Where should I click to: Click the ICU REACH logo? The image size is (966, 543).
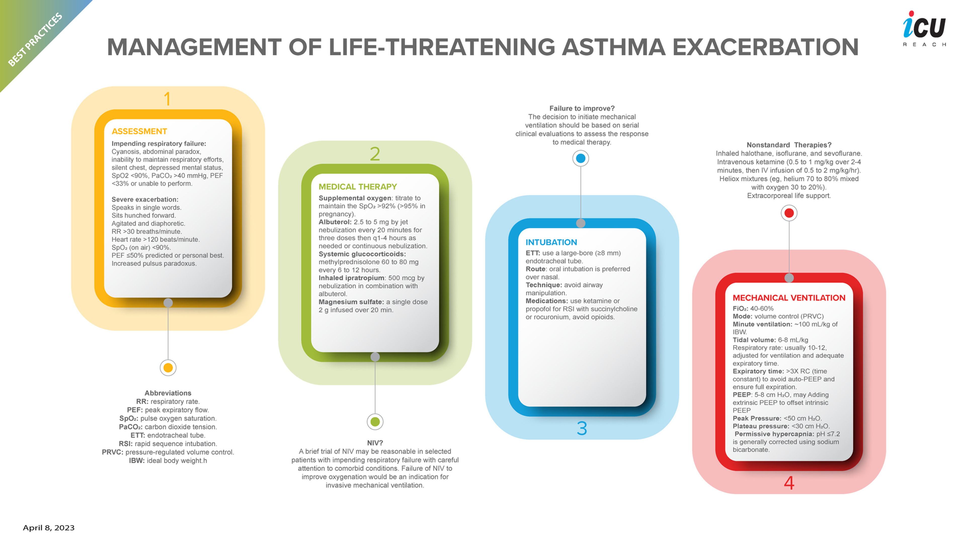click(924, 28)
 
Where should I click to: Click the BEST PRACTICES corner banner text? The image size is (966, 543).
click(35, 39)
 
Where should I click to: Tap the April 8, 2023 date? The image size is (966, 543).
click(49, 528)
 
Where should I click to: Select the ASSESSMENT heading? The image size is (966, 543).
click(139, 131)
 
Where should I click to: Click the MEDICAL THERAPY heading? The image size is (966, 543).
click(357, 187)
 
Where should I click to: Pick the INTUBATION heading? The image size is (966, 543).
click(551, 242)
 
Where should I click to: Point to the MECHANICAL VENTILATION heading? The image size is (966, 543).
click(789, 298)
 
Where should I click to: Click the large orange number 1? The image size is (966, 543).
click(167, 99)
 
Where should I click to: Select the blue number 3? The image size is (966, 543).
click(582, 428)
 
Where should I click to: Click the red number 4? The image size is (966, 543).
click(789, 483)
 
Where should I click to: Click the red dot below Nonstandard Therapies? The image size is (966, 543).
click(789, 213)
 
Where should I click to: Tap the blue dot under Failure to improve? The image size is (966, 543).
click(581, 158)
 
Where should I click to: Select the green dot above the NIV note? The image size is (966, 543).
click(375, 422)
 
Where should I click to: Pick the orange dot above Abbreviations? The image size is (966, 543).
click(168, 368)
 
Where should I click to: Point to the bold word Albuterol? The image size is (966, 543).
click(335, 222)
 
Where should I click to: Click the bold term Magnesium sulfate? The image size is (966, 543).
click(351, 302)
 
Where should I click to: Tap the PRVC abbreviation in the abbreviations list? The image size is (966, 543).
click(112, 452)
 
